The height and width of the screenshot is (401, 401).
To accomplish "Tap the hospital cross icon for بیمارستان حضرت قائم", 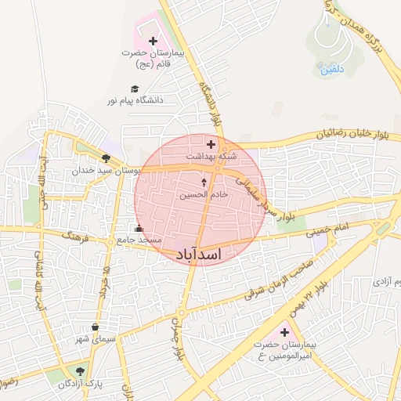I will (152, 40).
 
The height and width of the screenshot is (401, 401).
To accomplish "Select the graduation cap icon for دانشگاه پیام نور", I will (135, 89).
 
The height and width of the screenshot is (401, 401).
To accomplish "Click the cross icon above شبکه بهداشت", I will (210, 144).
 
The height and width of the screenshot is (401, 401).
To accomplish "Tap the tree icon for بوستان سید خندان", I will (106, 157).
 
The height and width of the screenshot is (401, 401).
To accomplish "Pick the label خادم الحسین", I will (204, 193).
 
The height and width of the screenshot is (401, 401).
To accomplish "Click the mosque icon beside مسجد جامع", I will (139, 229).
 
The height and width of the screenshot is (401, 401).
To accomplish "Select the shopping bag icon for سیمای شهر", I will (95, 327).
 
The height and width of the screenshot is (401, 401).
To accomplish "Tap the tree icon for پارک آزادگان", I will (79, 371).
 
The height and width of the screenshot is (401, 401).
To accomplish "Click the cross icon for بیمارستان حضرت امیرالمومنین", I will (284, 333).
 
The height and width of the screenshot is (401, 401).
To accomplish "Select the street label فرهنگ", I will (77, 236).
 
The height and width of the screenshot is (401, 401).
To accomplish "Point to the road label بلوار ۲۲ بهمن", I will (308, 301).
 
